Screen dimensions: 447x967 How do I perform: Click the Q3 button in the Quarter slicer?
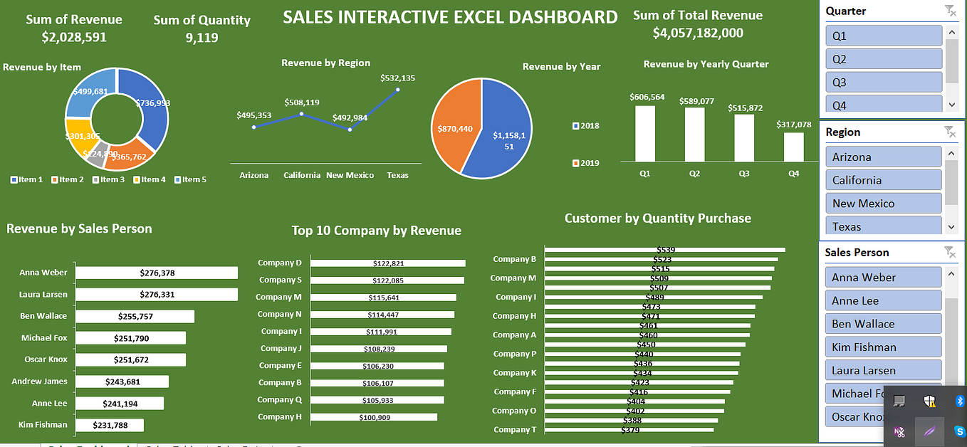(x=884, y=82)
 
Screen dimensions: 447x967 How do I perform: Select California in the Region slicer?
(x=884, y=180)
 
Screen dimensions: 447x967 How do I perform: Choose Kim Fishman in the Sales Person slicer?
(x=884, y=347)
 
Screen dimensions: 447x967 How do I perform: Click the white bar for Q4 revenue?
(x=793, y=147)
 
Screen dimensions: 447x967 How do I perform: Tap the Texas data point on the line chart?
(x=397, y=90)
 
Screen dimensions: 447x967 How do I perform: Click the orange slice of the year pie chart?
(x=456, y=128)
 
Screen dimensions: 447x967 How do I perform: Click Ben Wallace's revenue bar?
(x=135, y=316)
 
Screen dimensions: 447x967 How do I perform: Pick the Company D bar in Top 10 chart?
(x=387, y=263)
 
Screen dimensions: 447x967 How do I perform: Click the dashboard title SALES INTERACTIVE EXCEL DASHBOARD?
(x=450, y=17)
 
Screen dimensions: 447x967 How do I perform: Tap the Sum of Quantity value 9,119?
(x=202, y=38)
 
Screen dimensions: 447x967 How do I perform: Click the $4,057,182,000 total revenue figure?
(x=698, y=33)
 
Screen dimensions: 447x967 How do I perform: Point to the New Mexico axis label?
(x=350, y=175)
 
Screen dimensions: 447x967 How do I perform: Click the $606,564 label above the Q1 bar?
(x=647, y=97)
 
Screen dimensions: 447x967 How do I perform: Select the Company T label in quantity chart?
(x=514, y=429)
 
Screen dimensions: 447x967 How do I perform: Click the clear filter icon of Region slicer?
(x=949, y=131)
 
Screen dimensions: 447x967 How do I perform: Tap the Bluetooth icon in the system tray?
(x=958, y=401)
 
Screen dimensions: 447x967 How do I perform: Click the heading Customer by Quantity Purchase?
(x=657, y=219)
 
